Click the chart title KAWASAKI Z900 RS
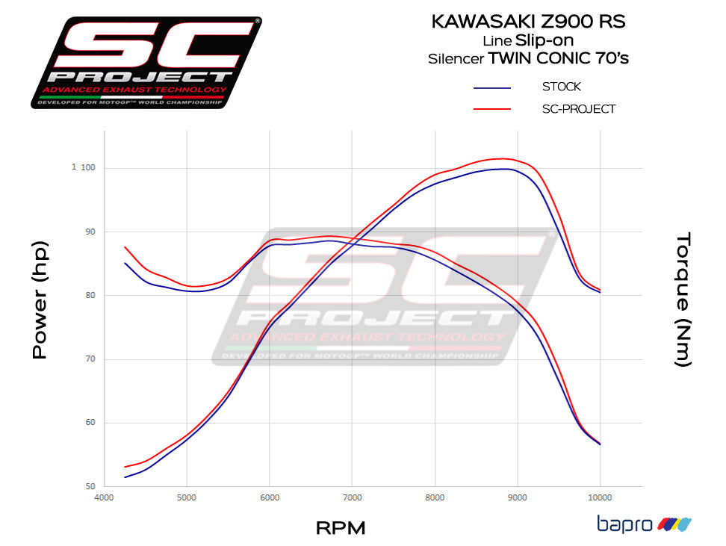tap(528, 21)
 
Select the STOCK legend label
tap(561, 87)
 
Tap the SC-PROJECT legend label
tap(579, 109)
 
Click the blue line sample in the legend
tap(492, 88)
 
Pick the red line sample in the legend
tap(492, 110)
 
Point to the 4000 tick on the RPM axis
tap(104, 497)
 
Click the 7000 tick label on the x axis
tap(352, 497)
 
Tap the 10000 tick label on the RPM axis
tap(600, 497)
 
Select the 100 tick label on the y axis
tap(88, 167)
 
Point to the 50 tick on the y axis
tap(89, 486)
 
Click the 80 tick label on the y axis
tap(89, 295)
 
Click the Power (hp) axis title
tap(40, 300)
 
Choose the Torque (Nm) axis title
tap(683, 300)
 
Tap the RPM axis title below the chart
tap(341, 528)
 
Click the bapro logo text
tap(624, 524)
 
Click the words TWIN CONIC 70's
tap(558, 58)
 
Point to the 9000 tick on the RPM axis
tap(517, 497)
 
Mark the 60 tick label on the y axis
tap(89, 423)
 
